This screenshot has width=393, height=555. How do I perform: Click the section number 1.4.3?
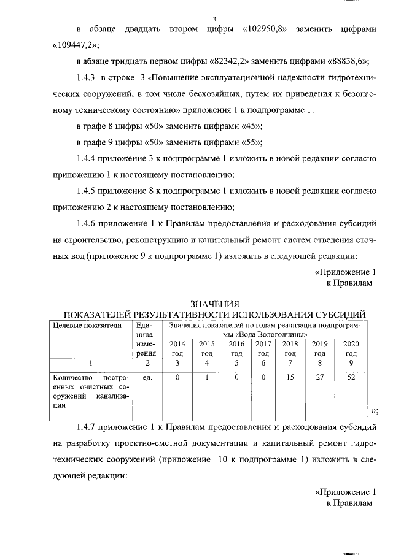tap(87, 82)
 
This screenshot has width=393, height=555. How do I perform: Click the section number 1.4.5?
tap(87, 192)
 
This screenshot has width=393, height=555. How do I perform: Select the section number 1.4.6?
tap(87, 224)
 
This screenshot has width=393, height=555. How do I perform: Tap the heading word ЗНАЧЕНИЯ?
tap(214, 305)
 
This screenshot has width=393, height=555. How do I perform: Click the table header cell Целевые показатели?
tap(84, 326)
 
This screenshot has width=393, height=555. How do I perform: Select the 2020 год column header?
tap(351, 348)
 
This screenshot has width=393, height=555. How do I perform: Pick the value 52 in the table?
tap(351, 379)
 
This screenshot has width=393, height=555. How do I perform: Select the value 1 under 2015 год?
tap(207, 379)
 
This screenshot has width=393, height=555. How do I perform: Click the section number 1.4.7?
tap(87, 426)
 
